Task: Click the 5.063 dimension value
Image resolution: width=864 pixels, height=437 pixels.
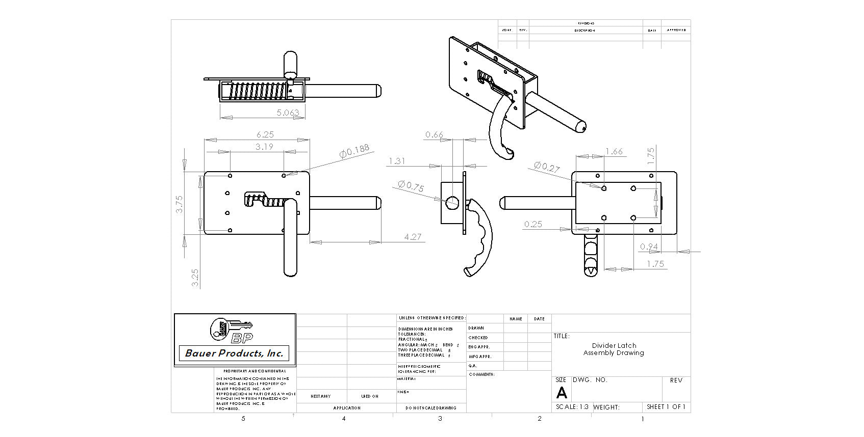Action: pyautogui.click(x=288, y=113)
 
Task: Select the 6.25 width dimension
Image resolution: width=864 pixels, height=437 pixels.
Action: pyautogui.click(x=265, y=134)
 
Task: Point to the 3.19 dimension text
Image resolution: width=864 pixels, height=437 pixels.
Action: pyautogui.click(x=264, y=147)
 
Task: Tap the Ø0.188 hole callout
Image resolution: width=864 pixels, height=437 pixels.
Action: pyautogui.click(x=354, y=151)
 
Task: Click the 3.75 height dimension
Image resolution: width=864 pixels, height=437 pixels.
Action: pyautogui.click(x=180, y=204)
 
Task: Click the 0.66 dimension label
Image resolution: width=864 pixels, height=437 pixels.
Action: pyautogui.click(x=434, y=135)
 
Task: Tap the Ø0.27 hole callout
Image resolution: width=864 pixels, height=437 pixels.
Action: pyautogui.click(x=547, y=167)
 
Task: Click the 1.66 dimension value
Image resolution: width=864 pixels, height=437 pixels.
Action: pyautogui.click(x=614, y=151)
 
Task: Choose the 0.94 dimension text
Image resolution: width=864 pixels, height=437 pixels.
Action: pyautogui.click(x=649, y=247)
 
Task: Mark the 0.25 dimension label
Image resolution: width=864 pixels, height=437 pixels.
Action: pyautogui.click(x=533, y=224)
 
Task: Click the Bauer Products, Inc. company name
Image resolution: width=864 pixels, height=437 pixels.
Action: pyautogui.click(x=234, y=353)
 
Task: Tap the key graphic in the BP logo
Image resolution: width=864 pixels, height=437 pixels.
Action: pyautogui.click(x=232, y=326)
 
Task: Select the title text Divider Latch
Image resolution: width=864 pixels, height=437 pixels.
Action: pyautogui.click(x=614, y=345)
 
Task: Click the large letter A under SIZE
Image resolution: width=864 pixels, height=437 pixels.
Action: pyautogui.click(x=561, y=393)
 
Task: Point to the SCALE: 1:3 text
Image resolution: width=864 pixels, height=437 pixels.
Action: pyautogui.click(x=572, y=407)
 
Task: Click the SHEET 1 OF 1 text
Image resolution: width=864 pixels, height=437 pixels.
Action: pyautogui.click(x=666, y=407)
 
